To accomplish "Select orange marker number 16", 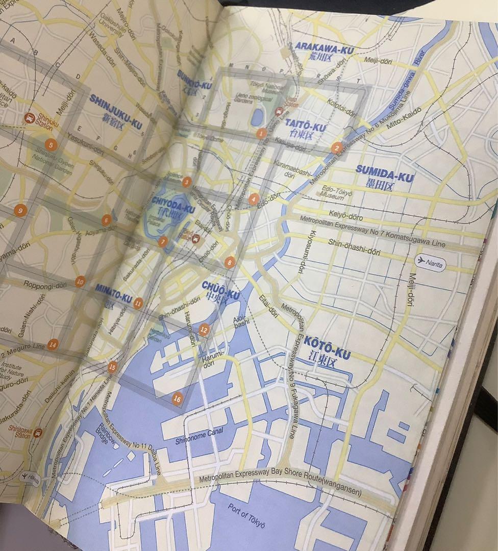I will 177,399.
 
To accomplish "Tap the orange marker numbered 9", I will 20,210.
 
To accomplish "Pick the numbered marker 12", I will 204,329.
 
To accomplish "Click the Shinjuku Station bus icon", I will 29,118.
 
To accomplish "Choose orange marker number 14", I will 53,344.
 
